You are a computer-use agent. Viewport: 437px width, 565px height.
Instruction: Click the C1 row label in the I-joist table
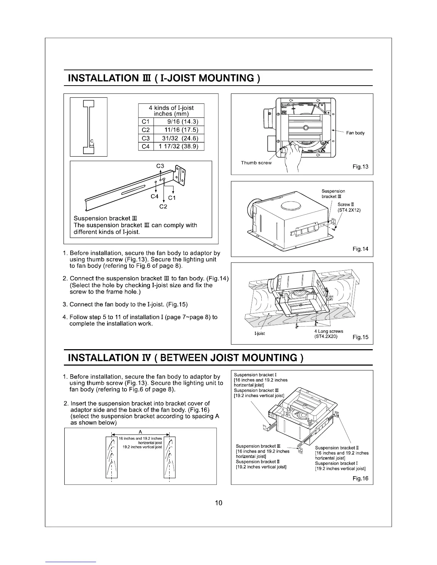[x=146, y=122]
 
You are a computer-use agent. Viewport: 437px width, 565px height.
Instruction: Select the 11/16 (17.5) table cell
[x=179, y=130]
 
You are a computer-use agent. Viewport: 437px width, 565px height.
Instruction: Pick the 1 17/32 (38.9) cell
[x=179, y=147]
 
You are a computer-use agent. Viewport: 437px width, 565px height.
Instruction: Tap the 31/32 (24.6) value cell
[x=179, y=138]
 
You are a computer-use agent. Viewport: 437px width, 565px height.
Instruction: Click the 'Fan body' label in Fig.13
[x=355, y=133]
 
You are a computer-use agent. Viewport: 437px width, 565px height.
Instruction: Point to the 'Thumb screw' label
[x=256, y=163]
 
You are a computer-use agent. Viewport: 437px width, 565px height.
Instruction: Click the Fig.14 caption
[x=360, y=249]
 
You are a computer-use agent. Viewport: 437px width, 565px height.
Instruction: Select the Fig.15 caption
[x=360, y=337]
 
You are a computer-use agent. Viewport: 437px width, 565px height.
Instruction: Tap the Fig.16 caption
[x=360, y=478]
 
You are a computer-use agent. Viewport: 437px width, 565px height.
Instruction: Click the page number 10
[x=218, y=503]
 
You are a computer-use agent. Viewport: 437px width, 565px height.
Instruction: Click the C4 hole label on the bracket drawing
[x=154, y=196]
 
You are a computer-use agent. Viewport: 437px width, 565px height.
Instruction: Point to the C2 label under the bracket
[x=163, y=206]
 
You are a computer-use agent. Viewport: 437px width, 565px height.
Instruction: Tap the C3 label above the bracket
[x=160, y=166]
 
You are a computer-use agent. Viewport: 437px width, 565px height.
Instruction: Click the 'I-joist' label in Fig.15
[x=260, y=334]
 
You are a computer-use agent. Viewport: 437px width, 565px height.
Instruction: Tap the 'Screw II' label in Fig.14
[x=345, y=205]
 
